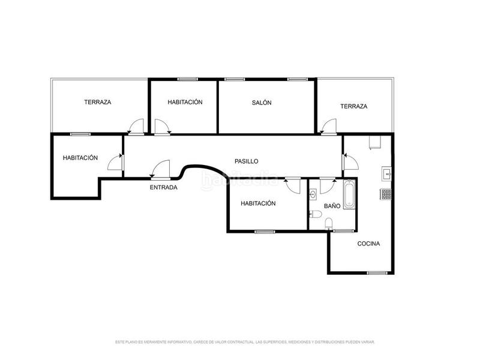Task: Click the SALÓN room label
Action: (x=262, y=103)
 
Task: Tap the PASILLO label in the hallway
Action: (x=246, y=161)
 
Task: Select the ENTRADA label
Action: (x=163, y=187)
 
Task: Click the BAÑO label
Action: (x=332, y=206)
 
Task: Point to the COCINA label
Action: (x=368, y=244)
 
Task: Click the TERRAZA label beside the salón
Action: (x=353, y=106)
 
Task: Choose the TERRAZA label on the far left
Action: (x=97, y=102)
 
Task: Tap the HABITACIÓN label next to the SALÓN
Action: (x=185, y=102)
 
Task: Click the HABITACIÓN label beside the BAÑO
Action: (x=258, y=203)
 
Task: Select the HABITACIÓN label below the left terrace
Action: (x=80, y=158)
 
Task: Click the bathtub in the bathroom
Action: (x=349, y=195)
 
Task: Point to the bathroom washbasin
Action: (x=313, y=194)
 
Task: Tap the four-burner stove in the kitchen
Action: (x=386, y=194)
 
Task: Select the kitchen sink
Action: (x=387, y=174)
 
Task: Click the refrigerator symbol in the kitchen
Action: (x=376, y=142)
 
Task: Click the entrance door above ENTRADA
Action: (x=161, y=170)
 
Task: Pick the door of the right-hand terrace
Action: (x=328, y=127)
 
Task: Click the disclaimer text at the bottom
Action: (x=245, y=341)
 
